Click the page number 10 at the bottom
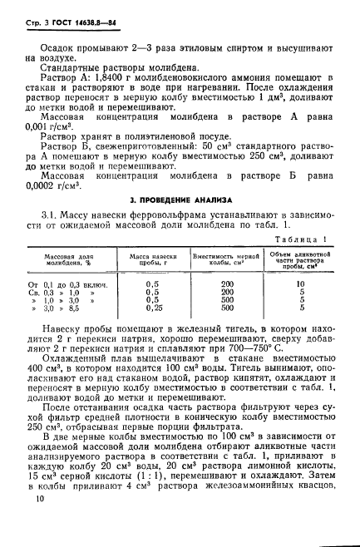(36, 499)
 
